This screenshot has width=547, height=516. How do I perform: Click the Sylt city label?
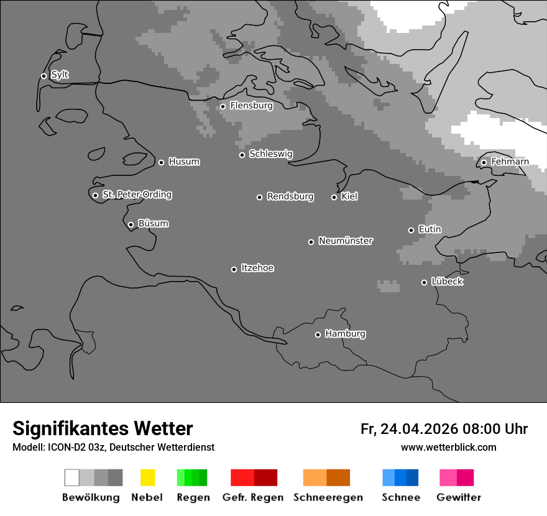pos(60,75)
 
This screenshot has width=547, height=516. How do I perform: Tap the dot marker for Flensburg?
pos(223,106)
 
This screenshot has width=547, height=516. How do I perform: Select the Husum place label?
pos(184,162)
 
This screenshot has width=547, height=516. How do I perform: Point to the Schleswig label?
pos(270,154)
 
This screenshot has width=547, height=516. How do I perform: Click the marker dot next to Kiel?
pos(334,197)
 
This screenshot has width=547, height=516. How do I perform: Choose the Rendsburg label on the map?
pos(290,197)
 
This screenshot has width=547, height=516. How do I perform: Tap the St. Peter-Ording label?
pos(137,195)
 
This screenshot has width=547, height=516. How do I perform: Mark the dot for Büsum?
pos(131,224)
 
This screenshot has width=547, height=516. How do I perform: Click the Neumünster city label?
pos(345,241)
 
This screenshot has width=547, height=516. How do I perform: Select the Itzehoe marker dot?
pos(234,269)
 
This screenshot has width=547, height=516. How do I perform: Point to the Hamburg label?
pos(345,334)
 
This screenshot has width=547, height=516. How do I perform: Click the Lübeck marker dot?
pos(424,282)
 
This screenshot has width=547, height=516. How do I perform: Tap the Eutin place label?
pos(430,229)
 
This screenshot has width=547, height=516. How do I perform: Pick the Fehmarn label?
pos(510,162)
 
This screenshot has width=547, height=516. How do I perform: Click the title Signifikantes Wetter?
pos(103,429)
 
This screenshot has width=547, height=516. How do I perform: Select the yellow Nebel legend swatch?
pos(147,477)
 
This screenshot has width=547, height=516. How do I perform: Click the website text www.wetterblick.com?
pos(448,448)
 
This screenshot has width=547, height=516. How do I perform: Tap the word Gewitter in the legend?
pos(458,497)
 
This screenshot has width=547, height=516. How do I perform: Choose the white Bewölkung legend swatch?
pos(72,477)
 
